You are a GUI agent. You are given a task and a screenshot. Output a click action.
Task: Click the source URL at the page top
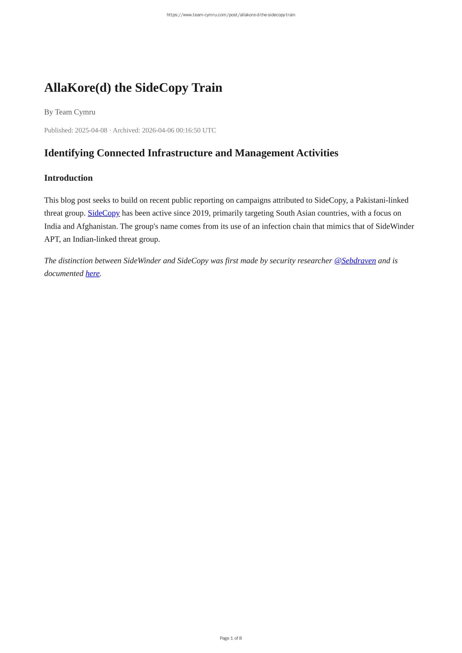[231, 15]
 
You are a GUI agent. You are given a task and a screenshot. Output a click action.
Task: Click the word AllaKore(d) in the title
[77, 88]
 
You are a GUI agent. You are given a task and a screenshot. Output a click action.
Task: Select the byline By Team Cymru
[70, 112]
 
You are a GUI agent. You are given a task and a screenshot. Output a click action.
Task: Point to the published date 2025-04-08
[91, 130]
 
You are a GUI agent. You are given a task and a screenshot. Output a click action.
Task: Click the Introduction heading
[68, 178]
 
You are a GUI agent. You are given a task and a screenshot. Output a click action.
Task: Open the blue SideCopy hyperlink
[103, 213]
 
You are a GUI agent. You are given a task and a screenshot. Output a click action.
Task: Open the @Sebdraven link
[355, 261]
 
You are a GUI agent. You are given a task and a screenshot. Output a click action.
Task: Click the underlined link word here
[93, 273]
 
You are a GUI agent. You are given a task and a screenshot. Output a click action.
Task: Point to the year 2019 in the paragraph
[200, 213]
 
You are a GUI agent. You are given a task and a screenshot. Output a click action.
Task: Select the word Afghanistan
[97, 226]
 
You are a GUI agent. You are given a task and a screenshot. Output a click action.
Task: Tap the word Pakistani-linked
[382, 200]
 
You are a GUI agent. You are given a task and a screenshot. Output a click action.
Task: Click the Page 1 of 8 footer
[231, 638]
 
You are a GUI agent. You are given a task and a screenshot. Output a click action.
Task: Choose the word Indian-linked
[94, 239]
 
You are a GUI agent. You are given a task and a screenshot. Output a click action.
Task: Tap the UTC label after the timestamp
[209, 130]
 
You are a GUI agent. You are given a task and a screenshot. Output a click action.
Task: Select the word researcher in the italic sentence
[314, 261]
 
